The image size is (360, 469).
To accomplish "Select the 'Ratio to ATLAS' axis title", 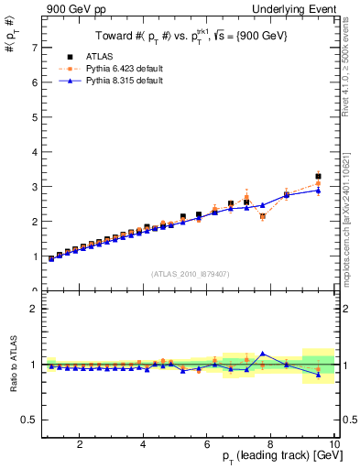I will click(x=12, y=364).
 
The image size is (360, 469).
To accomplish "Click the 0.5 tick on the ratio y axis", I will click(x=28, y=420).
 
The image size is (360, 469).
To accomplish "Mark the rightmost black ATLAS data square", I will click(x=318, y=176).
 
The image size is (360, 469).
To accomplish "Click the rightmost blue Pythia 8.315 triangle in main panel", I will click(x=318, y=191).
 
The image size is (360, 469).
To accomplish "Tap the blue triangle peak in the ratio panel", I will click(x=263, y=353).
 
